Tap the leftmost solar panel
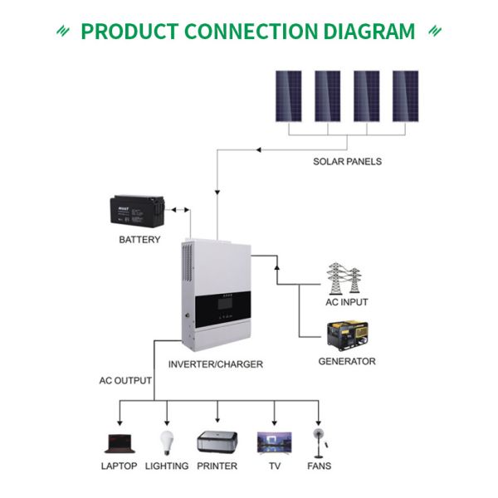pyautogui.click(x=289, y=95)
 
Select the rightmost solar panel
pyautogui.click(x=405, y=95)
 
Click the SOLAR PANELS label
pyautogui.click(x=347, y=161)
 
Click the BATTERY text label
pyautogui.click(x=139, y=241)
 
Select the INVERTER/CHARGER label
pyautogui.click(x=215, y=364)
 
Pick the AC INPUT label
pyautogui.click(x=346, y=302)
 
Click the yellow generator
pyautogui.click(x=346, y=335)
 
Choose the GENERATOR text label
pyautogui.click(x=347, y=362)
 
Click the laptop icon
pyautogui.click(x=119, y=442)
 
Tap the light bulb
pyautogui.click(x=167, y=441)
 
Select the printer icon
pyautogui.click(x=217, y=442)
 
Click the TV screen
pyautogui.click(x=274, y=441)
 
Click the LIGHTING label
pyautogui.click(x=167, y=466)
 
